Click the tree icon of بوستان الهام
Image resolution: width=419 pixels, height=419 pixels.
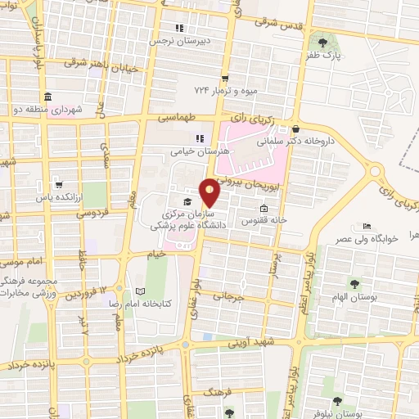(354, 284)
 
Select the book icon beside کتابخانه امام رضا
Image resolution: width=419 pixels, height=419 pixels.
(140, 292)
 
